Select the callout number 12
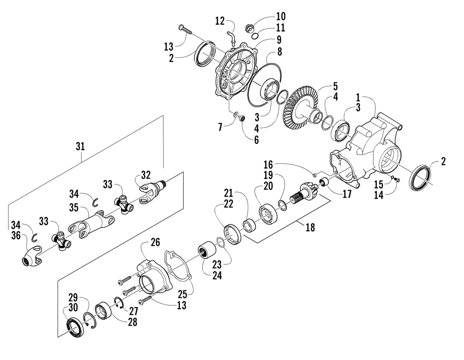220,21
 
